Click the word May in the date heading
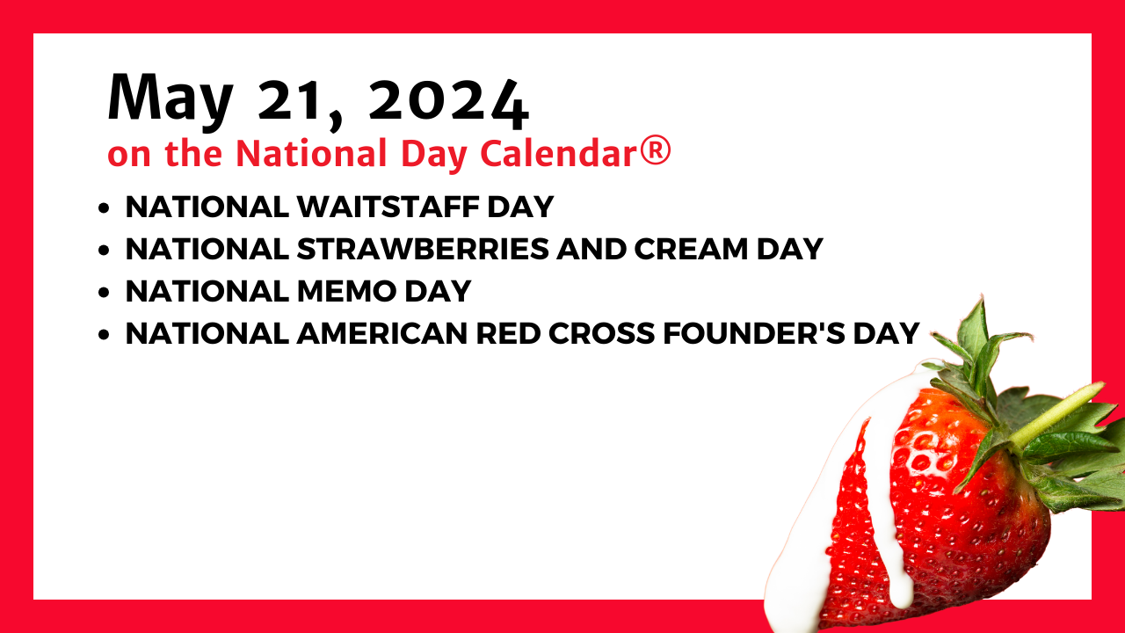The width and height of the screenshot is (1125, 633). (171, 99)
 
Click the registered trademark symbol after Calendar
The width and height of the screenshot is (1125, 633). (656, 150)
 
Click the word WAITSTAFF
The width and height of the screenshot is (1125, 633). (388, 207)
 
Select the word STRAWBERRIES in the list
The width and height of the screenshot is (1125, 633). (423, 249)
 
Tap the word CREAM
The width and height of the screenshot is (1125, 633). (691, 249)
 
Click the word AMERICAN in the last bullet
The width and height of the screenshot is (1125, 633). (382, 333)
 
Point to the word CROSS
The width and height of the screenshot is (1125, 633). (602, 333)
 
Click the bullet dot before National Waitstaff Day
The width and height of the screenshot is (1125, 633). (104, 208)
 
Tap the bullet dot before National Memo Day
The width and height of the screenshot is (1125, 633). (104, 293)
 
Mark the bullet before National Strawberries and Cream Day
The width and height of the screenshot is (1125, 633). (104, 251)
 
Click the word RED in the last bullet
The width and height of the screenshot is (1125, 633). (508, 333)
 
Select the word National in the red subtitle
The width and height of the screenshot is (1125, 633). (311, 152)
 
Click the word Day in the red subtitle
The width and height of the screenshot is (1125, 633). (434, 155)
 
